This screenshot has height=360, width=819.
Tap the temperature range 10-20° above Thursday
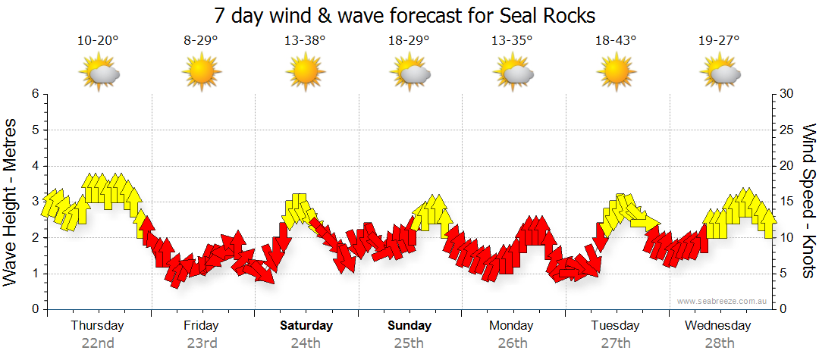[98, 41]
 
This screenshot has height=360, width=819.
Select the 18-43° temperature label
[616, 41]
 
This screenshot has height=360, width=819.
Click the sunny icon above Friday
[202, 73]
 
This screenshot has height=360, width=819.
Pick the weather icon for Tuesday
[616, 73]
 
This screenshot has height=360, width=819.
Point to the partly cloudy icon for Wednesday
[720, 73]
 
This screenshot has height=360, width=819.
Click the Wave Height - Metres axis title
[11, 202]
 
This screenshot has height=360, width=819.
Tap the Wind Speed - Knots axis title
[808, 201]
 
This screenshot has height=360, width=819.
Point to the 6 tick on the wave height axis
[34, 94]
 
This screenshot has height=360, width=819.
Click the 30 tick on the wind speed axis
[786, 94]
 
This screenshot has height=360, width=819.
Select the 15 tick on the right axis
[786, 202]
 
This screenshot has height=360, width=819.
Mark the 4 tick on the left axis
[34, 166]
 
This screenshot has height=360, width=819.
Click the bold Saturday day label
[306, 326]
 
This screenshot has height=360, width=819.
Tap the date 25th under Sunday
[409, 343]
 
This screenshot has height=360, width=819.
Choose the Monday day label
[512, 326]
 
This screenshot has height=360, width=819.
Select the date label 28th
[719, 343]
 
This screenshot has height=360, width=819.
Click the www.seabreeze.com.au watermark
[723, 302]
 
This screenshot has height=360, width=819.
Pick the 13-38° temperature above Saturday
[306, 41]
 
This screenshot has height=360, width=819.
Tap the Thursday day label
[98, 326]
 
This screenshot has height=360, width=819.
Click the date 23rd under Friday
[202, 343]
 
